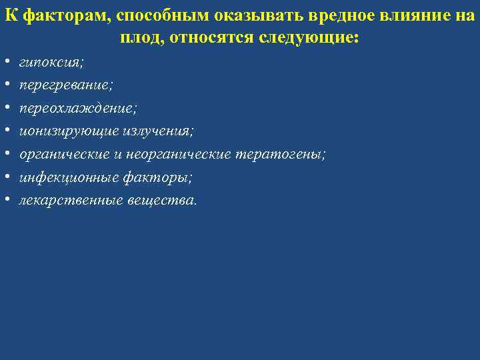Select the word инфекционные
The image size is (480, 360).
click(x=65, y=178)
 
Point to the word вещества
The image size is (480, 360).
click(x=162, y=201)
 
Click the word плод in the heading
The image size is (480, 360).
click(x=142, y=37)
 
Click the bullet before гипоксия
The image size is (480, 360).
click(x=6, y=63)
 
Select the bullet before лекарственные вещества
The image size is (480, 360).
click(x=6, y=201)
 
